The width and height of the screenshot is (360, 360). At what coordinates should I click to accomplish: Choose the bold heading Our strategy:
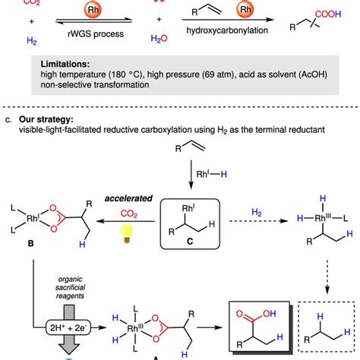[x=46, y=119]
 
